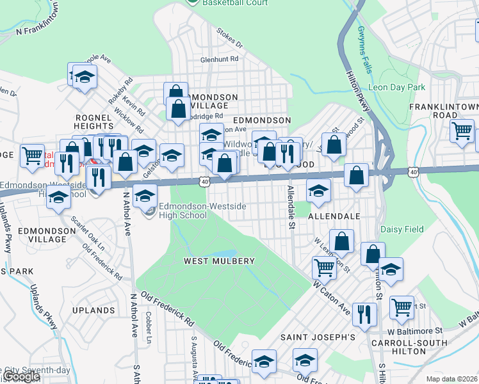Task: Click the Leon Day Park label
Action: tap(396, 87)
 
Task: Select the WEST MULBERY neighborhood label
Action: tap(219, 261)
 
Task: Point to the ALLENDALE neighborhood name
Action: tap(334, 217)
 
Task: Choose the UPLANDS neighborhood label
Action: tap(93, 310)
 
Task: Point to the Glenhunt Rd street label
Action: tap(219, 58)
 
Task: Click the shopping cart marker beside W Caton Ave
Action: tap(325, 267)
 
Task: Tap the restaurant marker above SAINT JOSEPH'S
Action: tap(364, 314)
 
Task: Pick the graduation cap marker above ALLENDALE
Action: tap(318, 189)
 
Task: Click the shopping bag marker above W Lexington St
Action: tap(343, 241)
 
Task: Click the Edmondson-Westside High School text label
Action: tap(183, 211)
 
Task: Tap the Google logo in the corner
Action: tap(20, 377)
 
